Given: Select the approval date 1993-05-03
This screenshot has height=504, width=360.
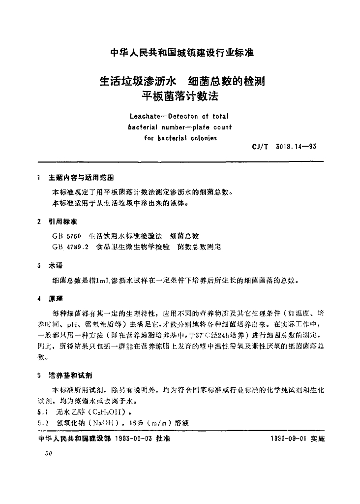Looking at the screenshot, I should tap(136, 439).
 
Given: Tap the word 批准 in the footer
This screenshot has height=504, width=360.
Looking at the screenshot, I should tap(163, 439).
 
